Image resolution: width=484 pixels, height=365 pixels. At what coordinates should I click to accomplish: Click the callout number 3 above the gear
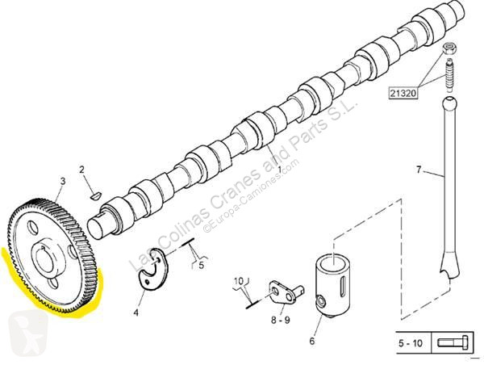pyautogui.click(x=63, y=184)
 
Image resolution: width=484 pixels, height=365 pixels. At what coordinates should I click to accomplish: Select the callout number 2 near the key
pyautogui.click(x=81, y=169)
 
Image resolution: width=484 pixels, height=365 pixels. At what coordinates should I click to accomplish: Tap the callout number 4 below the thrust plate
pyautogui.click(x=136, y=312)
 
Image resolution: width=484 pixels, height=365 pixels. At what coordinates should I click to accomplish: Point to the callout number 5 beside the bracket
pyautogui.click(x=202, y=262)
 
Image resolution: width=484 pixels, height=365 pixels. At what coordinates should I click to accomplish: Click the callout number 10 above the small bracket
pyautogui.click(x=238, y=281)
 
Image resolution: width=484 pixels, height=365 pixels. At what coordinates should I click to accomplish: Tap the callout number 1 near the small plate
pyautogui.click(x=279, y=308)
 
